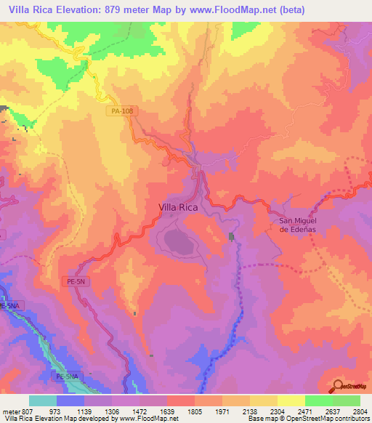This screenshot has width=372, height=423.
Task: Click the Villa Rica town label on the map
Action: pyautogui.click(x=178, y=206)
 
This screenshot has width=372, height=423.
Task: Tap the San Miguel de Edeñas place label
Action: pyautogui.click(x=300, y=225)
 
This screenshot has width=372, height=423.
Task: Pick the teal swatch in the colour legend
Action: pyautogui.click(x=43, y=400)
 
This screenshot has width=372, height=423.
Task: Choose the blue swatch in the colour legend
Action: pyautogui.click(x=70, y=400)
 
